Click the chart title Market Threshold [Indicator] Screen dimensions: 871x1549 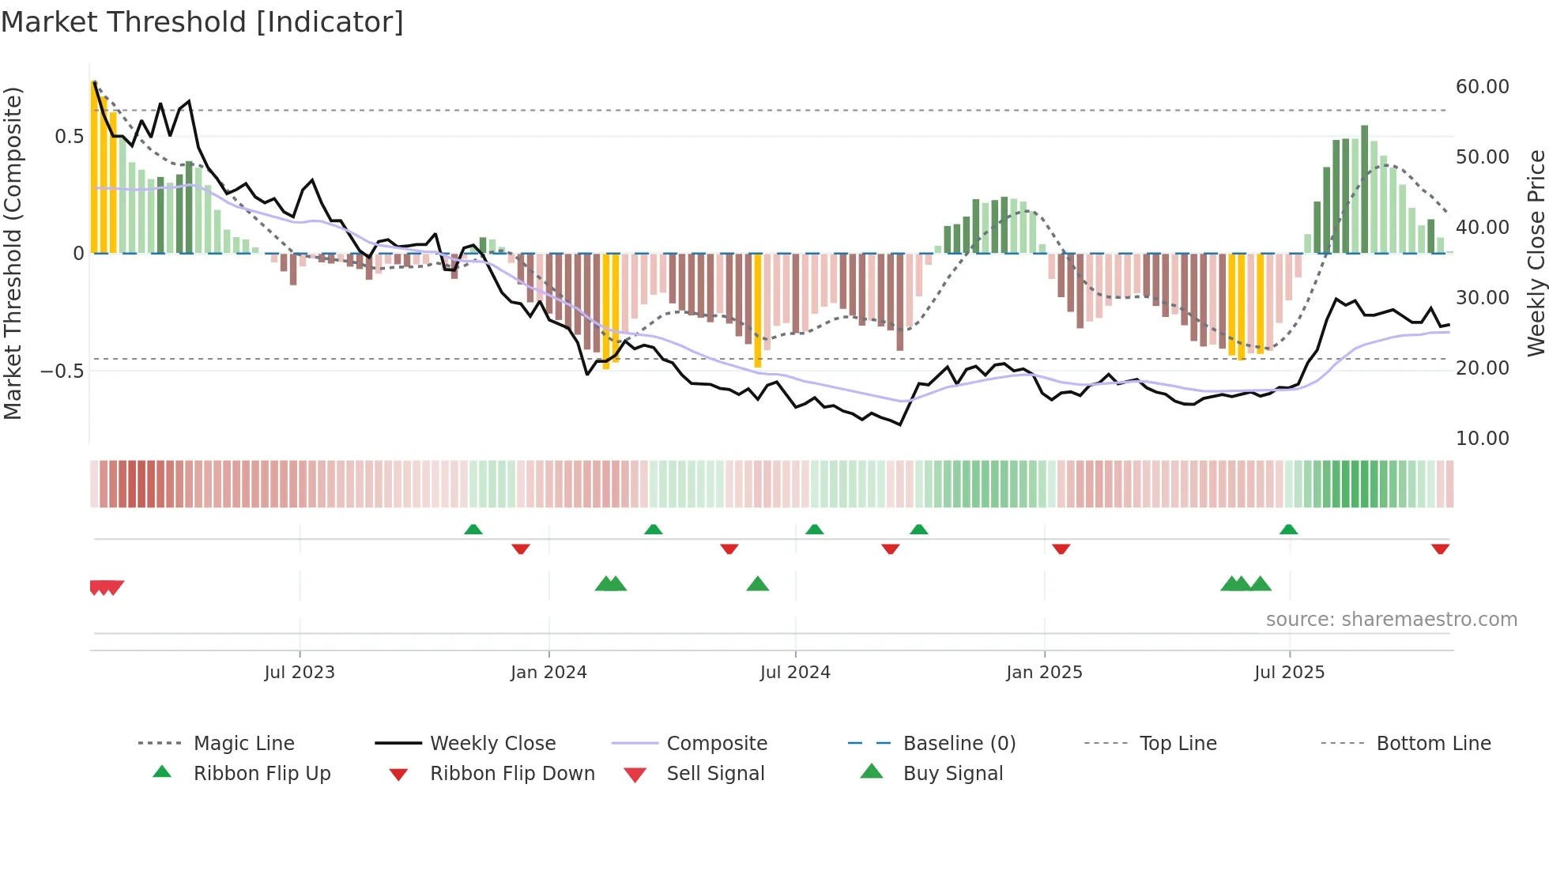click(x=202, y=22)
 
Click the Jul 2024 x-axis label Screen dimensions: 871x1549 click(x=795, y=672)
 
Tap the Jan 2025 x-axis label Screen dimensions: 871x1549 click(x=1044, y=672)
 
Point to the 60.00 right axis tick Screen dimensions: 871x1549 click(x=1482, y=86)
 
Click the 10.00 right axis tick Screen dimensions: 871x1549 click(x=1482, y=438)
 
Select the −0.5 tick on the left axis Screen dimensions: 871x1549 click(x=62, y=371)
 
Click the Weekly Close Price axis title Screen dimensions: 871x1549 click(x=1536, y=253)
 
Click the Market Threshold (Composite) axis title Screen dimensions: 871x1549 click(x=13, y=253)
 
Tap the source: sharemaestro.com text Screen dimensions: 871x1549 click(x=1391, y=619)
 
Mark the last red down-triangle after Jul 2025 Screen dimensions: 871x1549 click(x=1440, y=549)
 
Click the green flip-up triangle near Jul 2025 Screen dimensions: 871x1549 click(x=1288, y=529)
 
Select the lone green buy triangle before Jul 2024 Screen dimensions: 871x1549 click(x=757, y=584)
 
